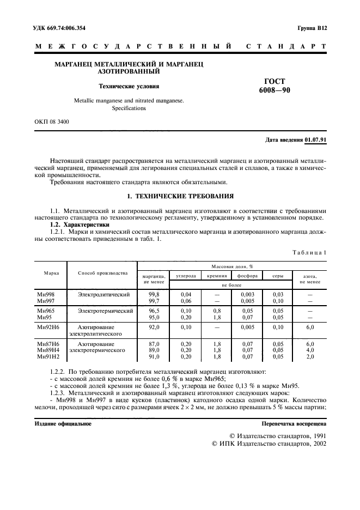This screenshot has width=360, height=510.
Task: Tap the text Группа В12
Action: [x=312, y=27]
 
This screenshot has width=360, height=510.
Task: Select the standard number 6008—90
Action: [x=274, y=90]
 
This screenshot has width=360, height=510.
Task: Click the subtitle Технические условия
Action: [x=129, y=86]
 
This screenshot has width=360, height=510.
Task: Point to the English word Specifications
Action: [x=129, y=108]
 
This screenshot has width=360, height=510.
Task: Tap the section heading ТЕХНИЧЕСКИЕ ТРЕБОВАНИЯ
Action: [x=185, y=196]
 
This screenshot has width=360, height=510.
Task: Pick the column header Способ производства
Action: [x=102, y=272]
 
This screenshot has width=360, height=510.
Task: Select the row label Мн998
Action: [x=44, y=294]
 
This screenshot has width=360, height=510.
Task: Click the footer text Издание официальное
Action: [x=63, y=423]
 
